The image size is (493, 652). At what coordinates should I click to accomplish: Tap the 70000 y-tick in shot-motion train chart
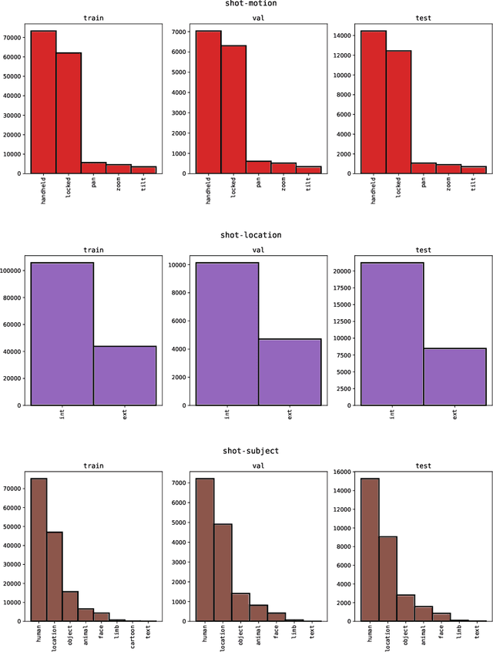click(x=13, y=36)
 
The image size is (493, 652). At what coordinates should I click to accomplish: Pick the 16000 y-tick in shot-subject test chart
click(x=343, y=472)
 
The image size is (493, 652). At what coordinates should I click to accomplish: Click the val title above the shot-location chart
click(x=258, y=250)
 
